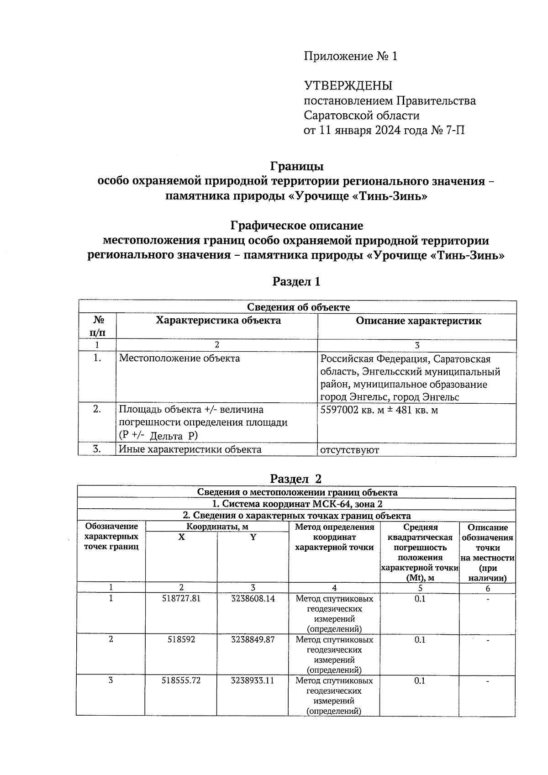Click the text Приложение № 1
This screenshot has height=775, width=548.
tap(350, 56)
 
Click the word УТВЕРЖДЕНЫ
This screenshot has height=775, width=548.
tap(348, 85)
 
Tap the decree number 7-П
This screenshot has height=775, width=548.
tap(454, 131)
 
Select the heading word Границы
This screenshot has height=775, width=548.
tap(296, 166)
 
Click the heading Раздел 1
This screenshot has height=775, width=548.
tap(296, 282)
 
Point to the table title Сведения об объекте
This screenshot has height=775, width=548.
tap(298, 307)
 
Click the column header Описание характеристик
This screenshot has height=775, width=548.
tap(418, 321)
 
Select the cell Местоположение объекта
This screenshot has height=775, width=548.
tap(179, 359)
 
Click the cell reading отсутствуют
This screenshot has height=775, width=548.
tap(349, 450)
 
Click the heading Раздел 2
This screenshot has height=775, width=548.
tap(296, 479)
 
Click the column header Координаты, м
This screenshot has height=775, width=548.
tap(217, 527)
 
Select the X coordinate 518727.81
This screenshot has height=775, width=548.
tap(181, 598)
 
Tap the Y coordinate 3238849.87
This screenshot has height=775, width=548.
tap(253, 639)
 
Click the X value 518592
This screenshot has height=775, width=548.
tap(181, 639)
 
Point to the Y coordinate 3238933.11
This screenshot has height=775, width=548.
tap(253, 680)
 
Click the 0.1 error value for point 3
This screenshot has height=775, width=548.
tap(419, 680)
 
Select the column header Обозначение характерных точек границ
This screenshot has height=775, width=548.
tap(111, 537)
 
